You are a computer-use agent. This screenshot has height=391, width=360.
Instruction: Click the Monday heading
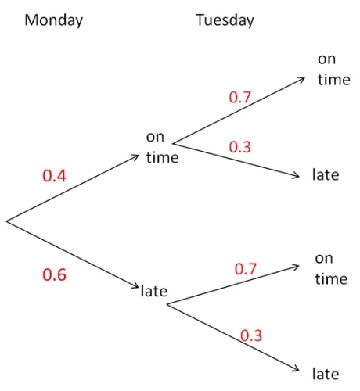(x=54, y=20)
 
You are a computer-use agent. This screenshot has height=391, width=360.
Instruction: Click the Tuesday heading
(x=225, y=20)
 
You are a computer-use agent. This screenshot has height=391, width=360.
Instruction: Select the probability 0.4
(x=54, y=175)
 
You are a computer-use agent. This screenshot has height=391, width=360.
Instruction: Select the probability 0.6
(x=54, y=274)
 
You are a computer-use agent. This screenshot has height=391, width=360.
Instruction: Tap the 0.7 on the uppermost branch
(x=239, y=97)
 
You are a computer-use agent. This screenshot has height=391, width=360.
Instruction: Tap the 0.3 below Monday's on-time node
(x=239, y=147)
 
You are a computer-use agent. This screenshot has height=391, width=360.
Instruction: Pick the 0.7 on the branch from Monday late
(x=246, y=269)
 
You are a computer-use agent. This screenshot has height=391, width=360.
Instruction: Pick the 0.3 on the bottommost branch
(x=251, y=335)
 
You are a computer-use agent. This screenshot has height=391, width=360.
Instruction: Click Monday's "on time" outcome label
(x=162, y=147)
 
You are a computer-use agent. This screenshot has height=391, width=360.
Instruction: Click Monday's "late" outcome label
(x=154, y=291)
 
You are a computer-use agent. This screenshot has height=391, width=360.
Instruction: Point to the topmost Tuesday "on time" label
(x=334, y=70)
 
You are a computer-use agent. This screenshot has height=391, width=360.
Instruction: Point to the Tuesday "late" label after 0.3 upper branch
(x=326, y=174)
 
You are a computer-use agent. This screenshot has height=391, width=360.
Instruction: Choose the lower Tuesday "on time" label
(x=331, y=269)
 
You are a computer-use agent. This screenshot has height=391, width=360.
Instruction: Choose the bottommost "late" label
(x=326, y=374)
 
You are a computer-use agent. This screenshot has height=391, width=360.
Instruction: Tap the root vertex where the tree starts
(x=6, y=221)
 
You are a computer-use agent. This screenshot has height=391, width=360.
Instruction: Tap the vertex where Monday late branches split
(x=167, y=304)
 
